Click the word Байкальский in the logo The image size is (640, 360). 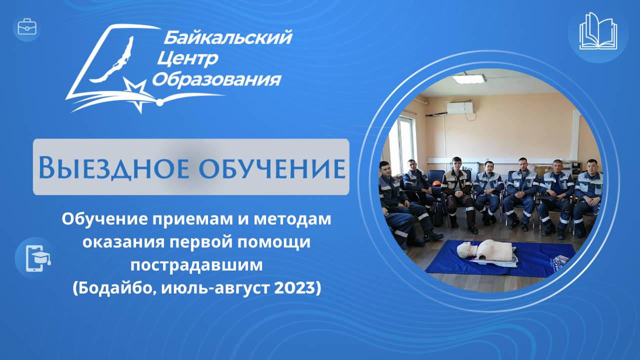coord(227,37)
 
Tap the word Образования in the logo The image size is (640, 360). coord(216,79)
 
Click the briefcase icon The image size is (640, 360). coord(27,27)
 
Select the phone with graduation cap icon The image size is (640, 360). coord(33,257)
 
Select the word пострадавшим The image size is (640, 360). coord(196,265)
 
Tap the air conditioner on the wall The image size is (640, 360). coord(459,107)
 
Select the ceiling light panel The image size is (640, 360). coord(468,78)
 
